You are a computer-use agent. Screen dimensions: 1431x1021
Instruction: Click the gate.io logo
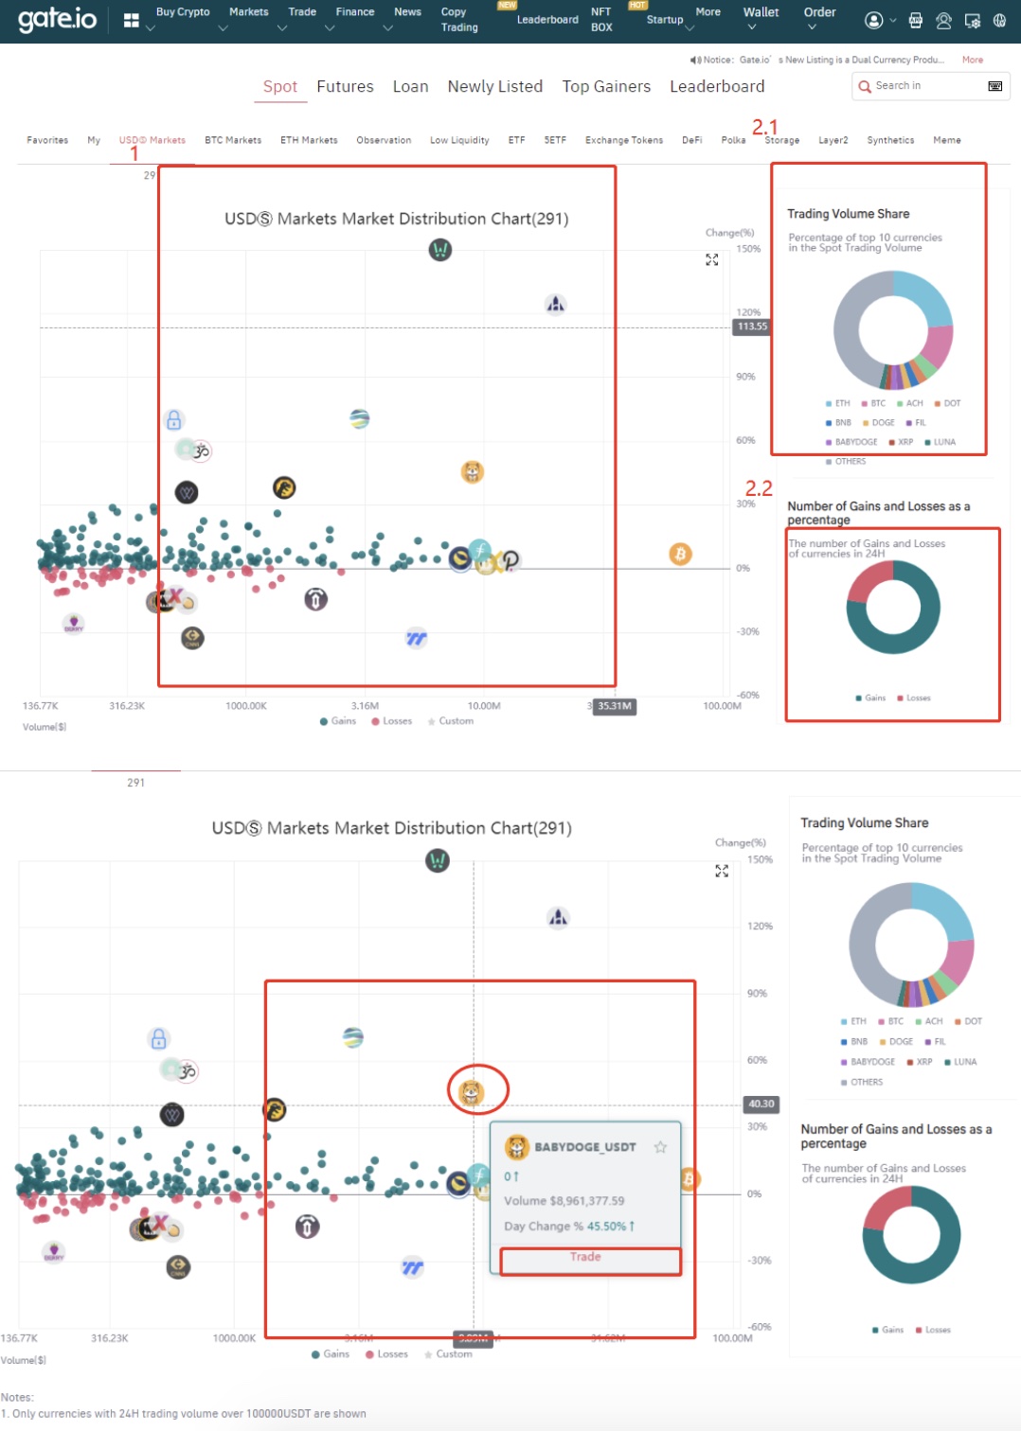tap(57, 19)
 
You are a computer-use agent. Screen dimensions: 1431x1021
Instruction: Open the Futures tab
tap(345, 86)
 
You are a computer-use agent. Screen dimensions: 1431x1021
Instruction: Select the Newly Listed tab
tap(494, 86)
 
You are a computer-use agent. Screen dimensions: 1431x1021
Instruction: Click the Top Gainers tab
tap(606, 86)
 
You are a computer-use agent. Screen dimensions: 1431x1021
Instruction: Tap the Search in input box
tap(923, 86)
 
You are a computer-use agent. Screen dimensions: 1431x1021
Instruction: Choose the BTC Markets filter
tap(233, 140)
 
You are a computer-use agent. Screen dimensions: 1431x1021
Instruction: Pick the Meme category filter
tap(946, 140)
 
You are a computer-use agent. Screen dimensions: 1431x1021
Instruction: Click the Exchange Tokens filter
tap(623, 140)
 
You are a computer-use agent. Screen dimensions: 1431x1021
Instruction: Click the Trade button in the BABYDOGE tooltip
tap(585, 1257)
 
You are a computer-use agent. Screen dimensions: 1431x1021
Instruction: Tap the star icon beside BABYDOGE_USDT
tap(660, 1147)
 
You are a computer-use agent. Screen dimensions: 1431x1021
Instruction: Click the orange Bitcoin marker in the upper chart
tap(680, 554)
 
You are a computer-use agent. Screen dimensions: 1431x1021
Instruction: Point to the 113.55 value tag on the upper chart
tap(752, 327)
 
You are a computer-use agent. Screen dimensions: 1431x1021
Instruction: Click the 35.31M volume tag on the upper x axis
tap(614, 706)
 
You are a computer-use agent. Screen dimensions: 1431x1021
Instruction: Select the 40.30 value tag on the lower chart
tap(761, 1104)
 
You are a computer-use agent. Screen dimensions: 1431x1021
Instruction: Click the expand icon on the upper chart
tap(712, 259)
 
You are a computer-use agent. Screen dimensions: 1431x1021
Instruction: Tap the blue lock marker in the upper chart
tap(173, 419)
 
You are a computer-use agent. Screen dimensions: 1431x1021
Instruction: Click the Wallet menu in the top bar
tap(761, 13)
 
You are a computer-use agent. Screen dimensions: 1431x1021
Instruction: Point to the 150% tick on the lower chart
tap(760, 859)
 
